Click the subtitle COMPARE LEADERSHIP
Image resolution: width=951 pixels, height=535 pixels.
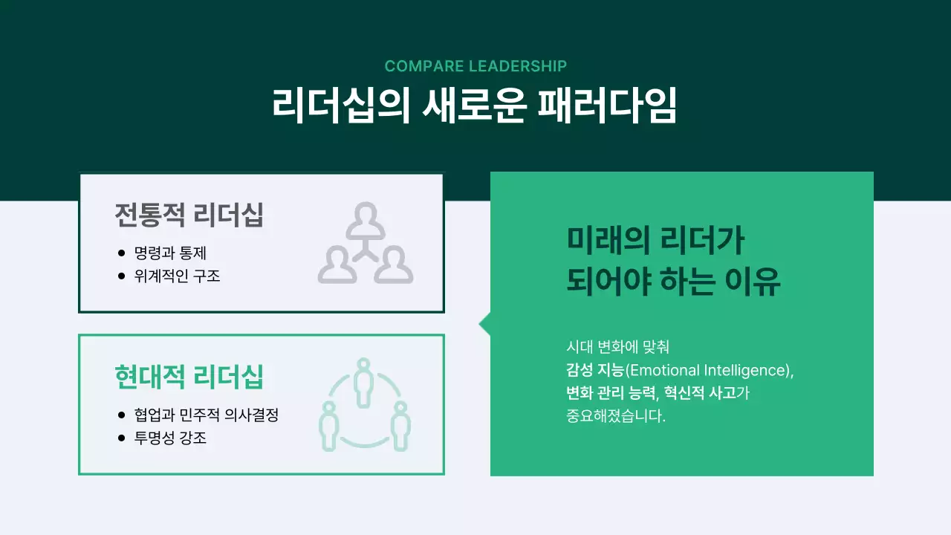(475, 66)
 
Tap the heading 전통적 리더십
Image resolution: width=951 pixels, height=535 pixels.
(189, 215)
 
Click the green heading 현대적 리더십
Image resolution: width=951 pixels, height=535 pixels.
(189, 377)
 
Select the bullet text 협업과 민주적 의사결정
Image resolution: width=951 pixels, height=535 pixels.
(206, 415)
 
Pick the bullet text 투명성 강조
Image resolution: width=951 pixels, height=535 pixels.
(170, 438)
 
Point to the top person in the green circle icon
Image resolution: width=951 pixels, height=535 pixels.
(363, 380)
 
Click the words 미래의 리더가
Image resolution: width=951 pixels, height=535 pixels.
(655, 241)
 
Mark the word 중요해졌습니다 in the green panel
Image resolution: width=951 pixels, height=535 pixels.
(615, 415)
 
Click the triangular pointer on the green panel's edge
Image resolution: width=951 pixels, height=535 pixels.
(484, 324)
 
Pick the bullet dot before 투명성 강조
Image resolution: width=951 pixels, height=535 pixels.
(122, 438)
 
